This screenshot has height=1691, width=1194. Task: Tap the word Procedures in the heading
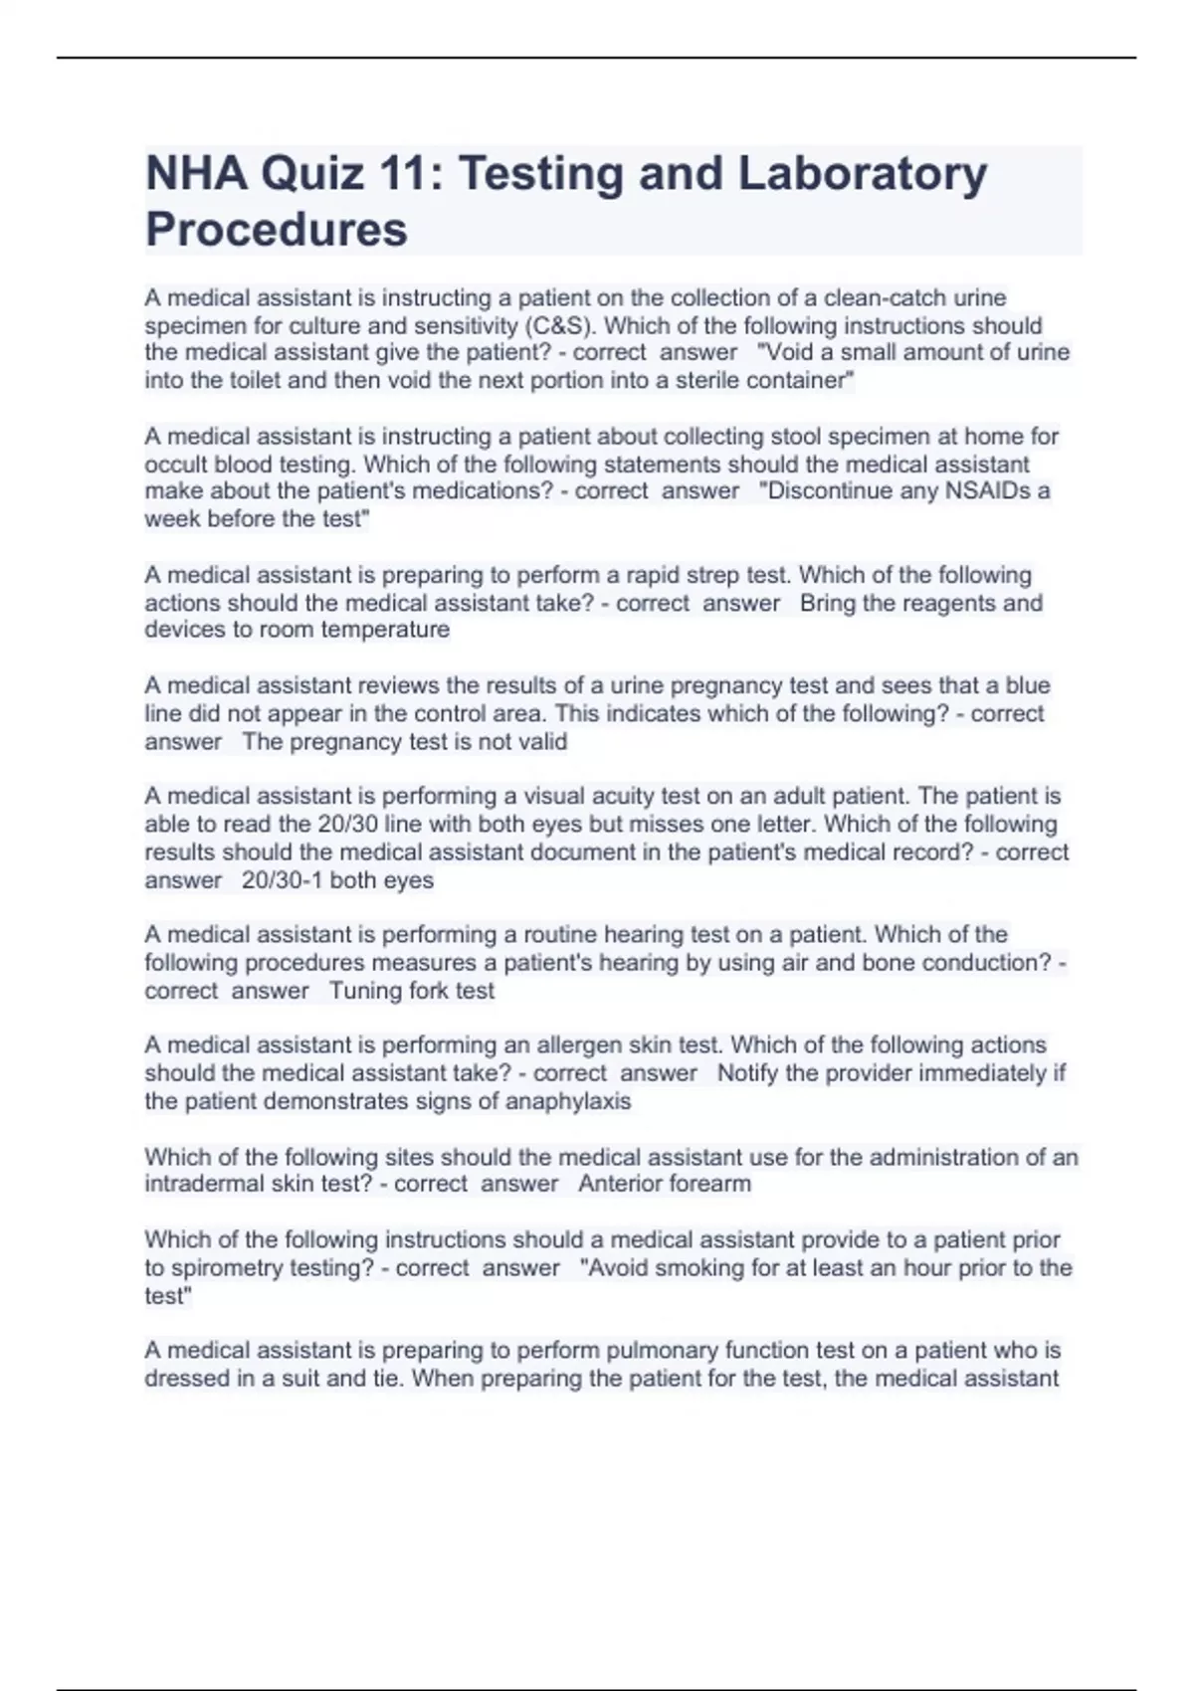(277, 230)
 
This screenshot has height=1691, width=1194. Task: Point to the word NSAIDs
(981, 490)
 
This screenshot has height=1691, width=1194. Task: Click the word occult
(175, 464)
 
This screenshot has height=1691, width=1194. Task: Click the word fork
(429, 991)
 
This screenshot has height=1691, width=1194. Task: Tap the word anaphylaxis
(568, 1101)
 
